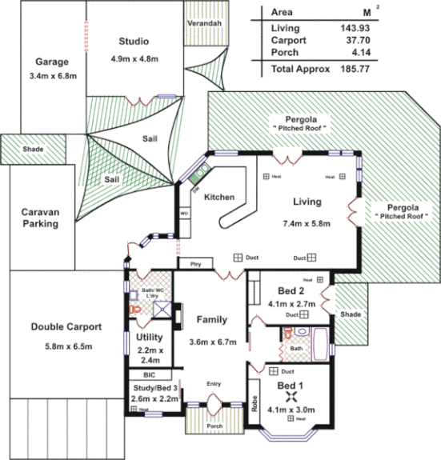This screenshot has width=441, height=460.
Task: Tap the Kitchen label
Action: (x=219, y=197)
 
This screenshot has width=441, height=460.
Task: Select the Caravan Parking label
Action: (x=40, y=218)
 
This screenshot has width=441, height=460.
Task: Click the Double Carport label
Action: (x=66, y=326)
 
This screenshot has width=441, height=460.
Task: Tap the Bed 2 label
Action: (x=290, y=290)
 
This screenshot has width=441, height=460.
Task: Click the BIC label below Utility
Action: (x=149, y=374)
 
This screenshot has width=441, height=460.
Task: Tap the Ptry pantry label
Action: (x=195, y=264)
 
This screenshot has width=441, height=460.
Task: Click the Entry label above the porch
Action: (x=213, y=384)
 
